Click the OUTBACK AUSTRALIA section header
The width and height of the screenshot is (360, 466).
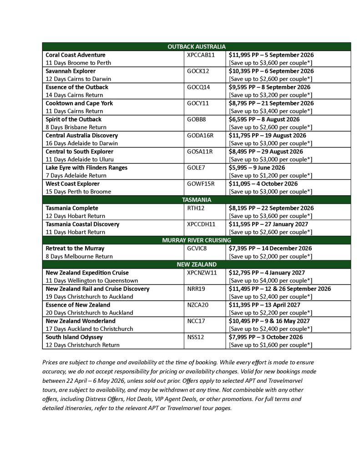pos(196,46)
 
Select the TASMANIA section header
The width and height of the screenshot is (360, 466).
pos(196,200)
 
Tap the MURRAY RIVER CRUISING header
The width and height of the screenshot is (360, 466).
pos(196,240)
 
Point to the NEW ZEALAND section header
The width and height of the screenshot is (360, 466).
pos(196,264)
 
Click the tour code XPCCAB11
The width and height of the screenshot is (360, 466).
pos(200,55)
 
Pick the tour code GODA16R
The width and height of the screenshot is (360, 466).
pos(200,136)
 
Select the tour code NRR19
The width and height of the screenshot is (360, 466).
pos(195,289)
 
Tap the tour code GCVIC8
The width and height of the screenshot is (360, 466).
pos(197,248)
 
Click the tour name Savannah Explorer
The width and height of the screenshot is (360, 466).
pos(71,71)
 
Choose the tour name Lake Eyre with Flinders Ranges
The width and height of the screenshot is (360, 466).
pos(86,168)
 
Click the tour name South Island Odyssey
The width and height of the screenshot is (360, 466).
pos(74,337)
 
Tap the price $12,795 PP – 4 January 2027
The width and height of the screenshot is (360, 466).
pos(267,273)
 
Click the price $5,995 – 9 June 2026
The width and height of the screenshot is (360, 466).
pos(257,168)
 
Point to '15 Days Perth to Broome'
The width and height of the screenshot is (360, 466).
pos(78,192)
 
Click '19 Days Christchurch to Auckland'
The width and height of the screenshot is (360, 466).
pos(89,297)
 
